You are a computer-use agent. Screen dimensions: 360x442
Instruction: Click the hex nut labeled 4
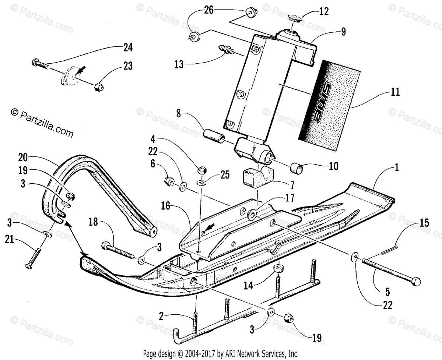click(201, 170)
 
